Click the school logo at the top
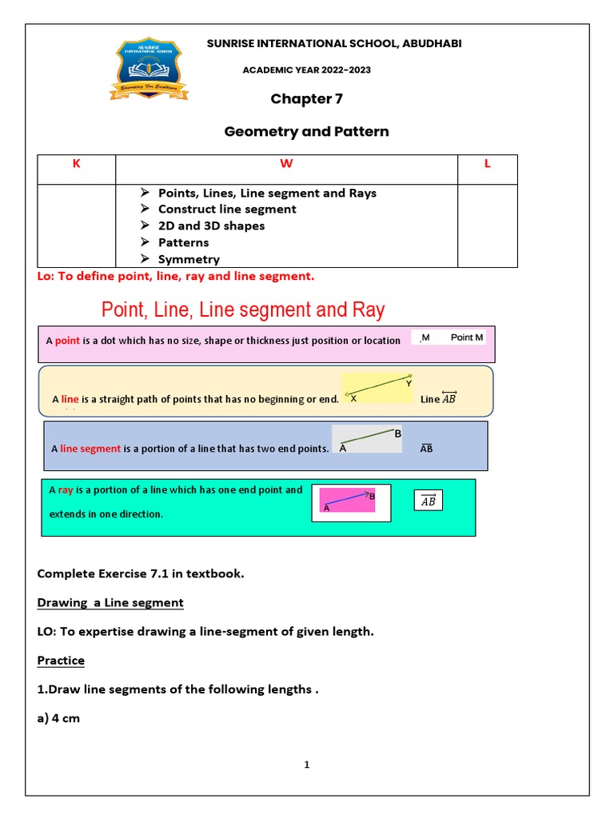[x=149, y=70]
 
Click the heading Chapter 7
[x=301, y=99]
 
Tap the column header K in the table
[x=77, y=164]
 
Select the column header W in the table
[x=285, y=164]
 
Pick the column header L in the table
[x=487, y=164]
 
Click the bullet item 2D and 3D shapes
[x=211, y=226]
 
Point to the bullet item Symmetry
[x=189, y=259]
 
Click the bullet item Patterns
[x=183, y=242]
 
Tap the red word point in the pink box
[x=67, y=341]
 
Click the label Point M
[x=467, y=338]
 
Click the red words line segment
[x=90, y=449]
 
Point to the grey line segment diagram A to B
[x=367, y=439]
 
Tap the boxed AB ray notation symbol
[x=428, y=501]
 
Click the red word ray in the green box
[x=66, y=490]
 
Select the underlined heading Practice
[x=61, y=661]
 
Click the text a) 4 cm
[x=58, y=718]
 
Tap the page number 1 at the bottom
[x=306, y=765]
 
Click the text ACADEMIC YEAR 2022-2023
[x=306, y=70]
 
